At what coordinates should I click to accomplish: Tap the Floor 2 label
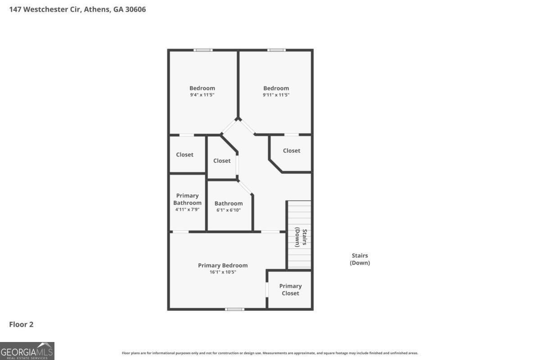coord(21,324)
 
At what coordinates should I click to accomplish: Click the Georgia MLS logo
coord(27,351)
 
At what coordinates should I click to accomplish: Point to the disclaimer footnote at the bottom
coord(270,353)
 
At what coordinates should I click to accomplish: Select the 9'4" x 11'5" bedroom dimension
coord(202,95)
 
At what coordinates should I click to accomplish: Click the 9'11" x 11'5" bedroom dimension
coord(276,95)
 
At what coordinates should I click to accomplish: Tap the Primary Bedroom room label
coord(223,265)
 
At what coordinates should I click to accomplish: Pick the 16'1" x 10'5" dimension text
coord(223,272)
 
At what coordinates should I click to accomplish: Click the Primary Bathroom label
coord(188,199)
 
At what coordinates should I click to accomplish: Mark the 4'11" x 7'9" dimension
coord(188,210)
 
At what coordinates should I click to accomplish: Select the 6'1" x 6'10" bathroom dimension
coord(229,210)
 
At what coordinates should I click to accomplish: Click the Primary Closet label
coord(290,290)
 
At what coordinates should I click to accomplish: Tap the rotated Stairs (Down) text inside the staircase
coord(301,238)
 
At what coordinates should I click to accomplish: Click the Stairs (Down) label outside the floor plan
coord(360,259)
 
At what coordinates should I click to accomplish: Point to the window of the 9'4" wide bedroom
coord(203,50)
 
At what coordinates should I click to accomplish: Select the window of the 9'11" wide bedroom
coord(276,50)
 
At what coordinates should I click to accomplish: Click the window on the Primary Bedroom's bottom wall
coord(234,309)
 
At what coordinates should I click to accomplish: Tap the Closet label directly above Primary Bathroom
coord(184,155)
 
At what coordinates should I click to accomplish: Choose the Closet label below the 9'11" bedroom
coord(292,151)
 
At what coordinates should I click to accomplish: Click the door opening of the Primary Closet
coord(267,289)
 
